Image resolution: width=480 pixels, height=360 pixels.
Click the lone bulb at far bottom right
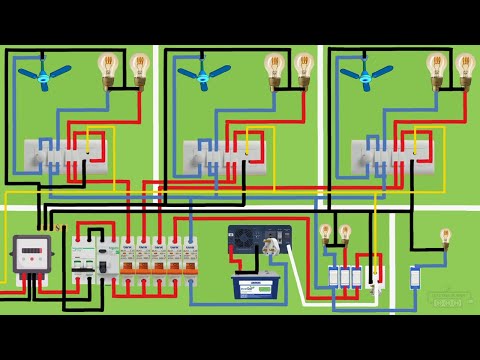point(444,238)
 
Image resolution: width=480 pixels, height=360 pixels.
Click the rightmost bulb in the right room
point(465,68)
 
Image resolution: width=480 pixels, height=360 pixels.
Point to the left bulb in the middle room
point(273,68)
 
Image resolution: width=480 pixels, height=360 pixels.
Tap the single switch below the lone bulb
point(416,277)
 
